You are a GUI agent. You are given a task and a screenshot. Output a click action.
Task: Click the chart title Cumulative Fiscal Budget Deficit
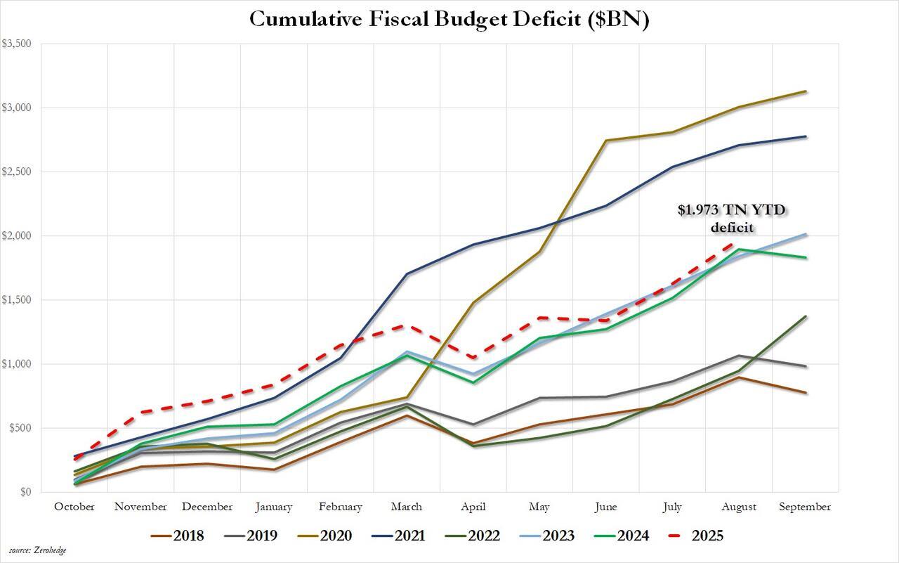(x=449, y=19)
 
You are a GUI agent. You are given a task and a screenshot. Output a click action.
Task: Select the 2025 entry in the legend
(x=707, y=536)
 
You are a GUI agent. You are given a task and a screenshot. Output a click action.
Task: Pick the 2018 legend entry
(x=188, y=536)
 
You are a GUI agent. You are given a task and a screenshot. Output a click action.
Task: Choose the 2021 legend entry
(x=409, y=536)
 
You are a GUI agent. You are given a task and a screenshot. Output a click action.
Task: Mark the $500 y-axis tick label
(x=18, y=428)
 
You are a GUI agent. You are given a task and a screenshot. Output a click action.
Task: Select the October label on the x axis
(x=74, y=507)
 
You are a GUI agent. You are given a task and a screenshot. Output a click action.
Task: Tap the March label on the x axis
(x=407, y=507)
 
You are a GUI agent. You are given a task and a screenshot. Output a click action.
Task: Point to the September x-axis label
(x=805, y=507)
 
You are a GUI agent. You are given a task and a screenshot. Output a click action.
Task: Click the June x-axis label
(x=605, y=507)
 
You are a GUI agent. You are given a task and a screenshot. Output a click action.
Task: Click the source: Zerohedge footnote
(x=38, y=550)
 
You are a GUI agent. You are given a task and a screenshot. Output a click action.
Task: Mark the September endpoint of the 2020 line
(x=806, y=91)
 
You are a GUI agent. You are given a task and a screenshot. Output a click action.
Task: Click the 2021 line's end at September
(x=806, y=136)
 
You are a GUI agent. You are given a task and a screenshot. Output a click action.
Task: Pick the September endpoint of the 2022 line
(x=806, y=316)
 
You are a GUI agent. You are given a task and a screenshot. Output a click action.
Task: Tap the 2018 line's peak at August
(x=739, y=377)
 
